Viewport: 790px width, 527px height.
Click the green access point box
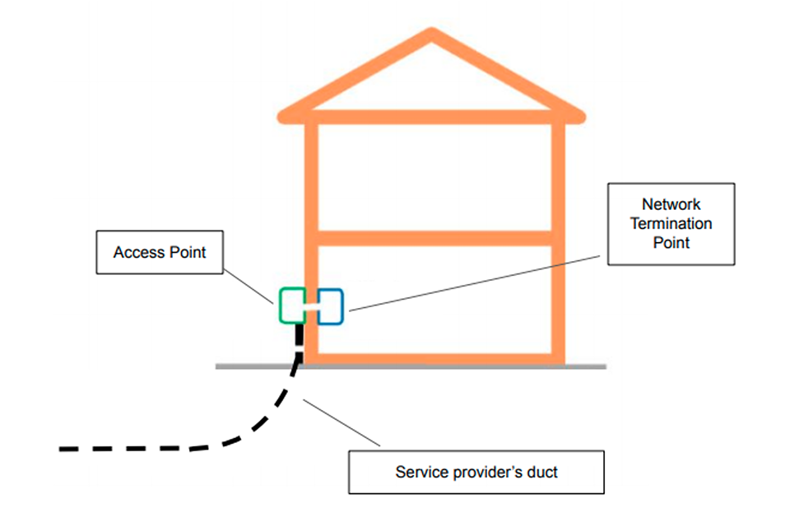click(x=290, y=305)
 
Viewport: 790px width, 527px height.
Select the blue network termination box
click(x=330, y=305)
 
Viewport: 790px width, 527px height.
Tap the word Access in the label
click(x=137, y=252)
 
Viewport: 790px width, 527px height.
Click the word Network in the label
click(x=671, y=203)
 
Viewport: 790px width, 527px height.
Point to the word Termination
click(x=671, y=223)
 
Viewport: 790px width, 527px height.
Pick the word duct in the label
click(x=540, y=472)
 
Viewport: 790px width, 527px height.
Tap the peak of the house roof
click(x=431, y=35)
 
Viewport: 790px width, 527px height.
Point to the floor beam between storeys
click(x=434, y=239)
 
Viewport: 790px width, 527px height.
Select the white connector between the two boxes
click(x=310, y=305)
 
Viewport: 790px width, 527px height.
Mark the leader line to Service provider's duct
click(x=342, y=423)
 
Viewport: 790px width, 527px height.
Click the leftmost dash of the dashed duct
click(x=71, y=450)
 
